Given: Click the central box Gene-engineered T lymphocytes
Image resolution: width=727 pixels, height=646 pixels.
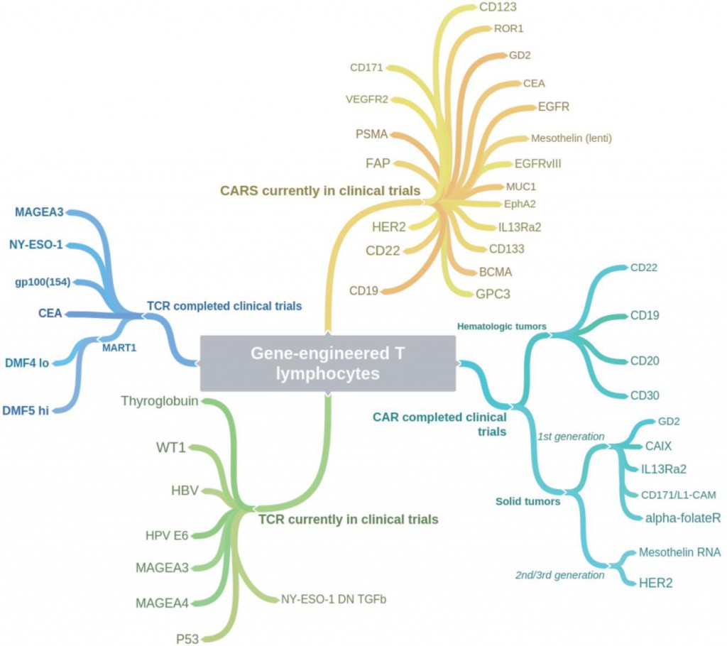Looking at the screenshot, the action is pyautogui.click(x=328, y=363).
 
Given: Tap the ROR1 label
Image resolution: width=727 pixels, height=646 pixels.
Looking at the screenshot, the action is pyautogui.click(x=508, y=29).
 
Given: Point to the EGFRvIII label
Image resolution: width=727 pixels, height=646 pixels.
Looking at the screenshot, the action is pyautogui.click(x=538, y=164).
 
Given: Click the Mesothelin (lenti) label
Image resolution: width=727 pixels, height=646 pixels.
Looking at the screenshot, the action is pyautogui.click(x=572, y=138).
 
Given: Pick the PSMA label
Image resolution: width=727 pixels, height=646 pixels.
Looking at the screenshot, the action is pyautogui.click(x=371, y=134).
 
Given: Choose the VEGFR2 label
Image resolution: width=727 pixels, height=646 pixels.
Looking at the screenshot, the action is pyautogui.click(x=367, y=99).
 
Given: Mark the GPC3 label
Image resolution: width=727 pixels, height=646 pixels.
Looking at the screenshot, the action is pyautogui.click(x=493, y=294).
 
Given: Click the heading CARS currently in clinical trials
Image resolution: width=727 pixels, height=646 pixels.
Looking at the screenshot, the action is pyautogui.click(x=320, y=191).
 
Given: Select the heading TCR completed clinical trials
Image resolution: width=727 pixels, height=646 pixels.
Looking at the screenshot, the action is pyautogui.click(x=224, y=306).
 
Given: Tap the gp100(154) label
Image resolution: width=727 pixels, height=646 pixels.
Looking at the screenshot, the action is pyautogui.click(x=43, y=282).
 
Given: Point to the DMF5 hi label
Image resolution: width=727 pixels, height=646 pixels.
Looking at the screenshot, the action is pyautogui.click(x=26, y=411).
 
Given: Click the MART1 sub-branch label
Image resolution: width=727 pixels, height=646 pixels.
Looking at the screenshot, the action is pyautogui.click(x=119, y=348).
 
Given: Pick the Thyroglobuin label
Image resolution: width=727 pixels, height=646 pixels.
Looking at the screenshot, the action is pyautogui.click(x=160, y=401).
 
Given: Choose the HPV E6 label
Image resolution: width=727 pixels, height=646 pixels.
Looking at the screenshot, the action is pyautogui.click(x=167, y=536).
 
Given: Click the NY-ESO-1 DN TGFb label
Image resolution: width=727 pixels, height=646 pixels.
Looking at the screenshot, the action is pyautogui.click(x=334, y=599).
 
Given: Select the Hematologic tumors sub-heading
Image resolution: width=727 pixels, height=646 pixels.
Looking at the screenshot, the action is pyautogui.click(x=502, y=327).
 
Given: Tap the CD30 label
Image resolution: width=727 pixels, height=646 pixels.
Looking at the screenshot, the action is pyautogui.click(x=645, y=395).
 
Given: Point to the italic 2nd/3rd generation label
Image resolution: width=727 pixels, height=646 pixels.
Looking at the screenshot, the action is pyautogui.click(x=559, y=576).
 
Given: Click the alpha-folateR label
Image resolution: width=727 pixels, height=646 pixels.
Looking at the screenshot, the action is pyautogui.click(x=683, y=518).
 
